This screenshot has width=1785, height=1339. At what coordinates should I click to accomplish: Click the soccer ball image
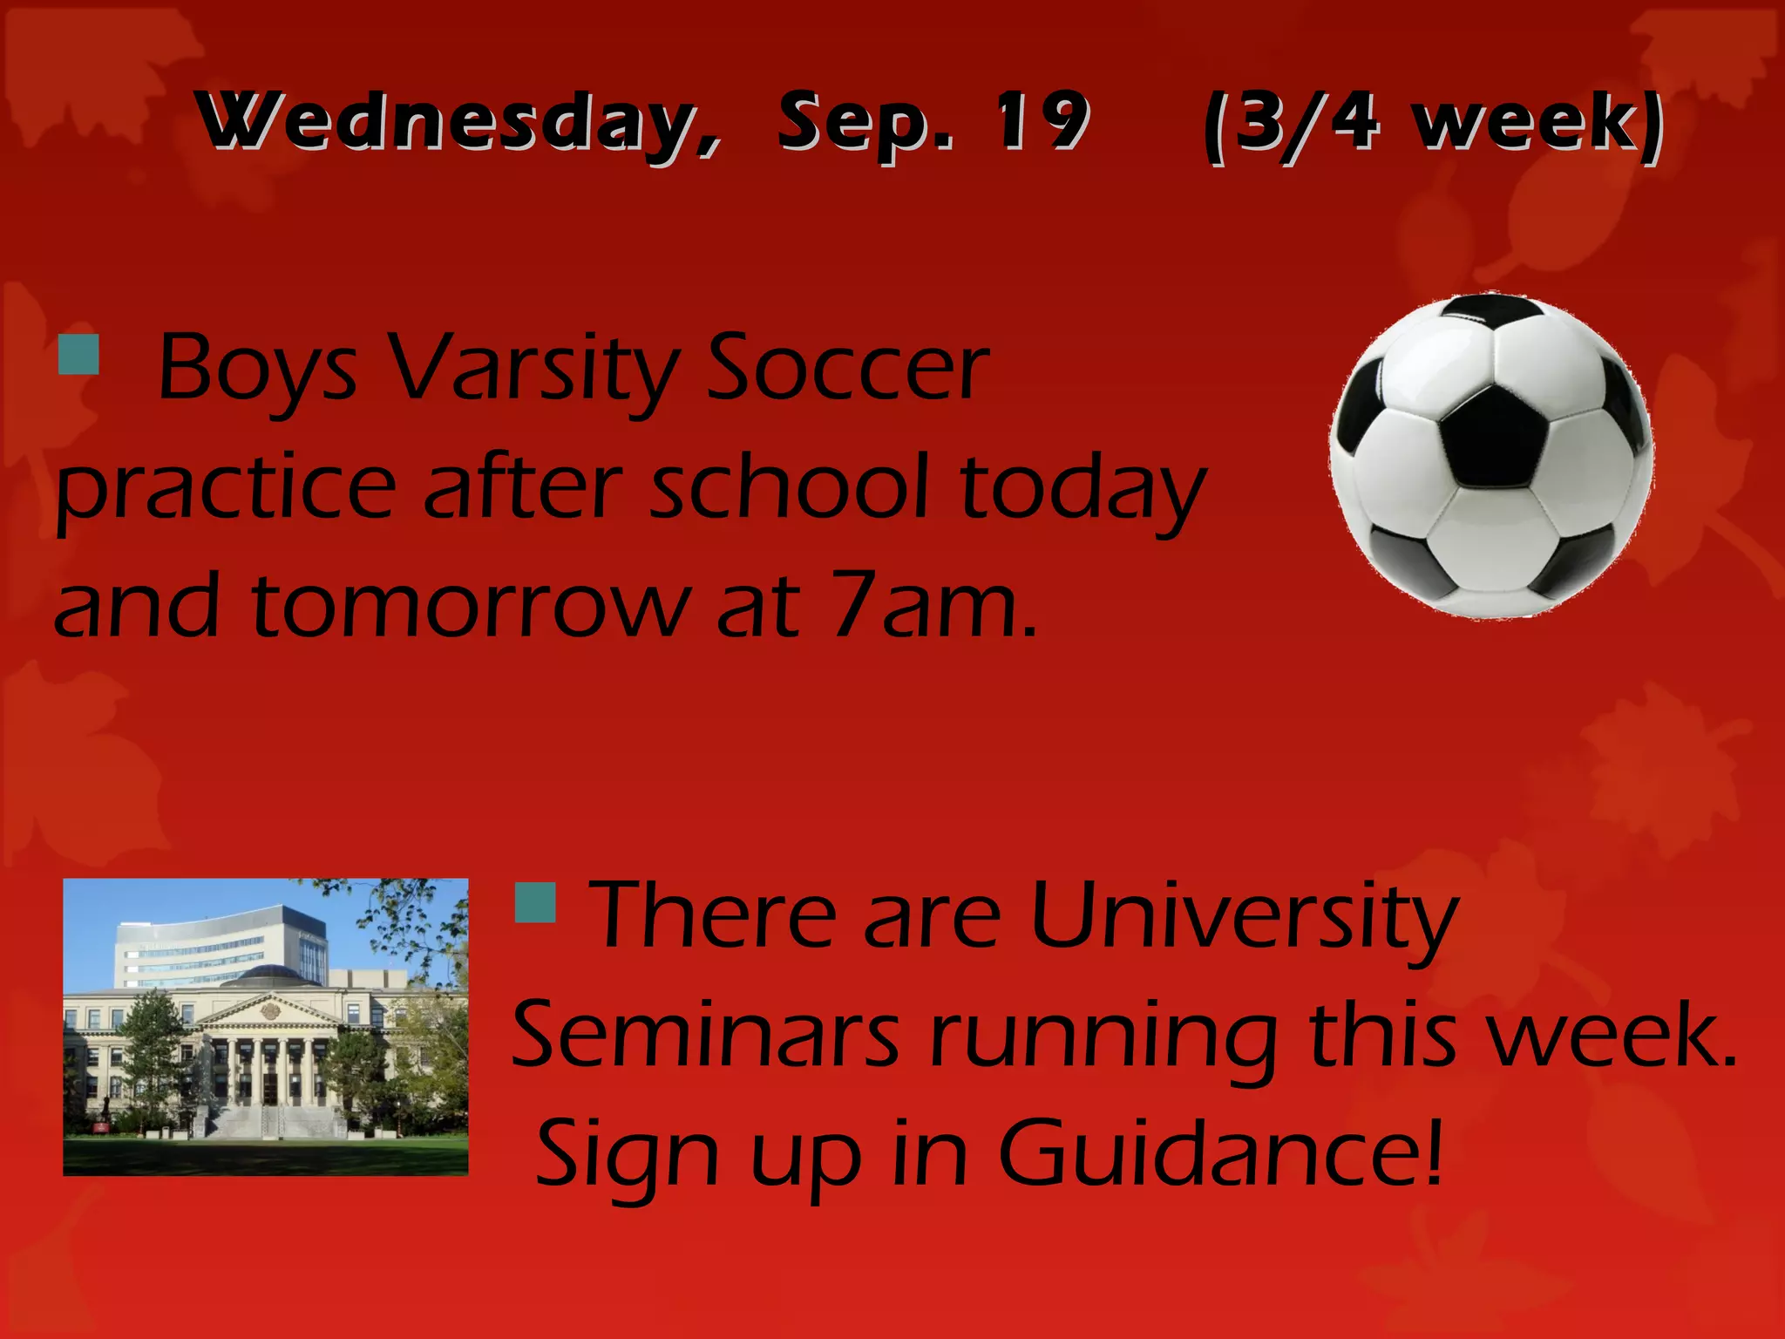(x=1490, y=456)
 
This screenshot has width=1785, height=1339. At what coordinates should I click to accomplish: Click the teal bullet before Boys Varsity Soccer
(x=78, y=352)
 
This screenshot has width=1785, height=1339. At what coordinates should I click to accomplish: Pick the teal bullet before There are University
(x=535, y=902)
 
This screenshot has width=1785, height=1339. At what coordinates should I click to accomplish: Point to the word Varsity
(x=533, y=370)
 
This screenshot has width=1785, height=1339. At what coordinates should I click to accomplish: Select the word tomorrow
(x=471, y=604)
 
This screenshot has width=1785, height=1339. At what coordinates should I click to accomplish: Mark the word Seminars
(x=706, y=1035)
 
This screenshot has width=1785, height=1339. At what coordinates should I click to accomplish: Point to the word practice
(x=227, y=488)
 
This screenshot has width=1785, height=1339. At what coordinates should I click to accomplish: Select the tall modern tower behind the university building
(x=222, y=946)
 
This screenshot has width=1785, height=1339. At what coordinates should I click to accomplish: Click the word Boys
(x=258, y=370)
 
